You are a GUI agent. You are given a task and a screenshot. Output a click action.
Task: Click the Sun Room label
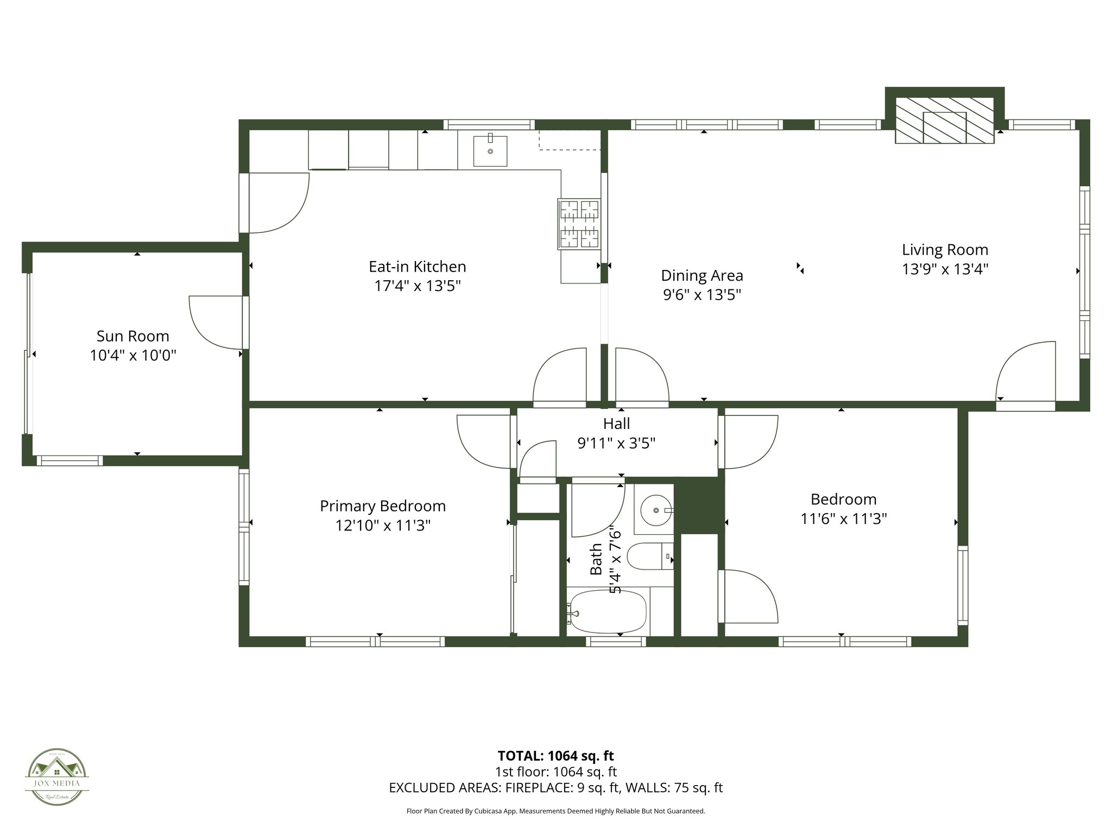[x=132, y=336]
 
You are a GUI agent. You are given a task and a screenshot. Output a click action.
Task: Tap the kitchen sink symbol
[x=490, y=151]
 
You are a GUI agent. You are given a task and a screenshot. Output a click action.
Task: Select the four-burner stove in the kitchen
[x=579, y=224]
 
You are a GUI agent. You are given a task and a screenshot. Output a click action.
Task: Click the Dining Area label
[x=702, y=276]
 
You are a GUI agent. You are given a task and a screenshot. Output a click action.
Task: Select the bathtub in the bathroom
[x=608, y=612]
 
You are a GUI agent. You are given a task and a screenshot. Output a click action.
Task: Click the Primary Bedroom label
[x=382, y=506]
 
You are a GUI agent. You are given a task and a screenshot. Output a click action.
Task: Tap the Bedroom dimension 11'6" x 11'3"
[x=843, y=519]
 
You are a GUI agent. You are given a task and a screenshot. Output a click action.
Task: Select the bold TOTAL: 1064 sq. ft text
[x=555, y=756]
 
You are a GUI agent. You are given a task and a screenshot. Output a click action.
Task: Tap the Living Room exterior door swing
[x=1026, y=372]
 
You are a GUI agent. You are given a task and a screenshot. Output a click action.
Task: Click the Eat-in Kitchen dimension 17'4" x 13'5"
[x=417, y=286]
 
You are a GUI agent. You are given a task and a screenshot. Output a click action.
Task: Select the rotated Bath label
[x=596, y=559]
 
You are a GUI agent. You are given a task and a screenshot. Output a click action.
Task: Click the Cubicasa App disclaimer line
[x=555, y=811]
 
